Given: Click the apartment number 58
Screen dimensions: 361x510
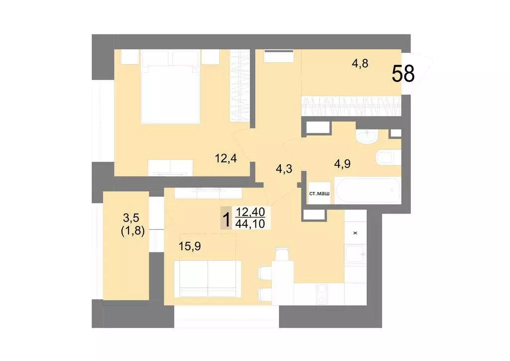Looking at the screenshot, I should [403, 74].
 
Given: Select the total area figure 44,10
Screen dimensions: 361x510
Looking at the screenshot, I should [252, 223].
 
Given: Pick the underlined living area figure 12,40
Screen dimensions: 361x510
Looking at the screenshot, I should [252, 212].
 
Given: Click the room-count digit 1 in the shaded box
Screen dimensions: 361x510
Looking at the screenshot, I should [227, 218].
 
